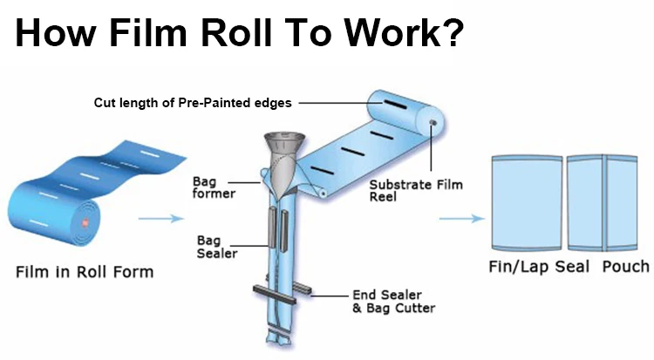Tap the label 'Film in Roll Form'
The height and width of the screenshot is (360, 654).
pyautogui.click(x=85, y=271)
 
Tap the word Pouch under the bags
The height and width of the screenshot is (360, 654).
pyautogui.click(x=625, y=267)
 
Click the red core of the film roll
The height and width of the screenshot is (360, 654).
pyautogui.click(x=85, y=225)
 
